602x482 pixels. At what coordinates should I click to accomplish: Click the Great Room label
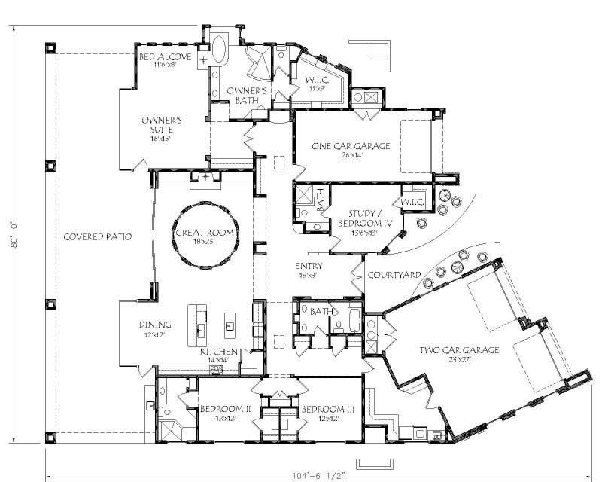(205, 233)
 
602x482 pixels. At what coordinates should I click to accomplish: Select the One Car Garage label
(351, 146)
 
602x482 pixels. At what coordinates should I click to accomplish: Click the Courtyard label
(394, 275)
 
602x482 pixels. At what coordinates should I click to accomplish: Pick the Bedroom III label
(328, 409)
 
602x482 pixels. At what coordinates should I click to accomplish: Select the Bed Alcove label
(165, 57)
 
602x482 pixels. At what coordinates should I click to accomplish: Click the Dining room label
(155, 325)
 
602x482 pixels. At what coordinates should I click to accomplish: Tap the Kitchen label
(219, 352)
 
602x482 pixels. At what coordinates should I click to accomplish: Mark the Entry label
(309, 266)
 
